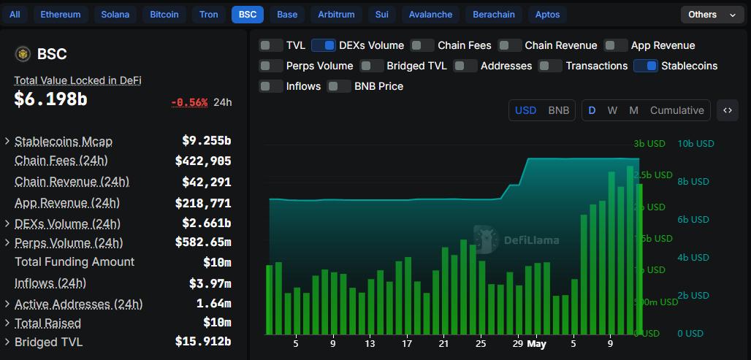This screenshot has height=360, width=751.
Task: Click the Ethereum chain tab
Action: point(61,15)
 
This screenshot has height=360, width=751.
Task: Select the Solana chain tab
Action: point(115,15)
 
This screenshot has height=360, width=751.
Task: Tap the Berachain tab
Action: point(493,15)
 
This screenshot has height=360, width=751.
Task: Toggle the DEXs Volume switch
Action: point(323,45)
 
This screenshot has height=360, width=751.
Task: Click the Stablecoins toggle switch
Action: point(645,66)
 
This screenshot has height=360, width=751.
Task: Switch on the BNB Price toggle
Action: point(339,86)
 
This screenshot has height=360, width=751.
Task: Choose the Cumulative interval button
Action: point(676,110)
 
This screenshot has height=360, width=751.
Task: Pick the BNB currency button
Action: point(558,110)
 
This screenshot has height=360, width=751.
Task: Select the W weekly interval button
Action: point(612,110)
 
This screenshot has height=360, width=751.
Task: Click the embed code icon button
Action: point(728,110)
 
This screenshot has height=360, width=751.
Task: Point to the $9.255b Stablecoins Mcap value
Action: point(206,141)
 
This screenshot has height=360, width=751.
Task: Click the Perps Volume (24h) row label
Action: point(69,243)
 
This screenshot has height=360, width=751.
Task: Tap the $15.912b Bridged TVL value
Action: point(202,342)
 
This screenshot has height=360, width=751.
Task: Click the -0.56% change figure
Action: point(189,102)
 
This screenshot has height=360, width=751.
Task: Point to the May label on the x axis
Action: point(537,344)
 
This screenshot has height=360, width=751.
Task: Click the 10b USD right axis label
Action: point(695,144)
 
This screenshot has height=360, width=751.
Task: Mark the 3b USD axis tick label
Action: point(649,144)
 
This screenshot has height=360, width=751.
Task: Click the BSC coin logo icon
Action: point(23,54)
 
